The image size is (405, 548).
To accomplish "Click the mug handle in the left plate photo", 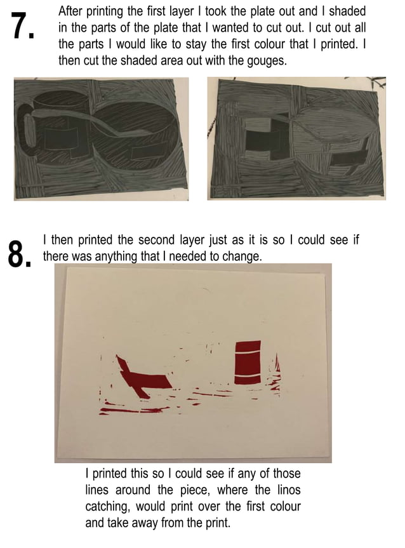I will [27, 130].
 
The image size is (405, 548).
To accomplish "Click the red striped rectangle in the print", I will [248, 363].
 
